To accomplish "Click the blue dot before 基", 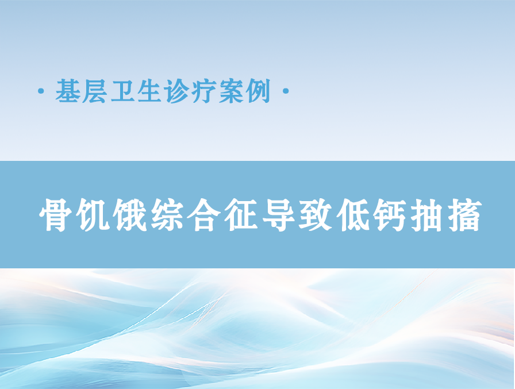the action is pos(41,91).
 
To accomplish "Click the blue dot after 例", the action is pos(286,91).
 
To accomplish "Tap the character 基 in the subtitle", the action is pos(68,91).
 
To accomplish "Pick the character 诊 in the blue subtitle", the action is pos(177,91).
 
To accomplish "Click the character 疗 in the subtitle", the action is pos(204,91).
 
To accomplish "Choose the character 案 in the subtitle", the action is pos(231,91).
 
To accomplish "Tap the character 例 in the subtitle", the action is pos(259,91).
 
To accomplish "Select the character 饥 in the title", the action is pos(92,215).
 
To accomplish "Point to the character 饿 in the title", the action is pos(129,215).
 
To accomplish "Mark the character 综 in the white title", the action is pos(167,215).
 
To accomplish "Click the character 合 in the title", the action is pos(203,215).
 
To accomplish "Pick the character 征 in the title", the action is pos(241,215).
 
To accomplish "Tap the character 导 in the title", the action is pos(278,215).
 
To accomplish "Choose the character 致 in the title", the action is pos(316,215).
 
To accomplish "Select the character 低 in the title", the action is pos(353,215).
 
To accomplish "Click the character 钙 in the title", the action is pos(390,215).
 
